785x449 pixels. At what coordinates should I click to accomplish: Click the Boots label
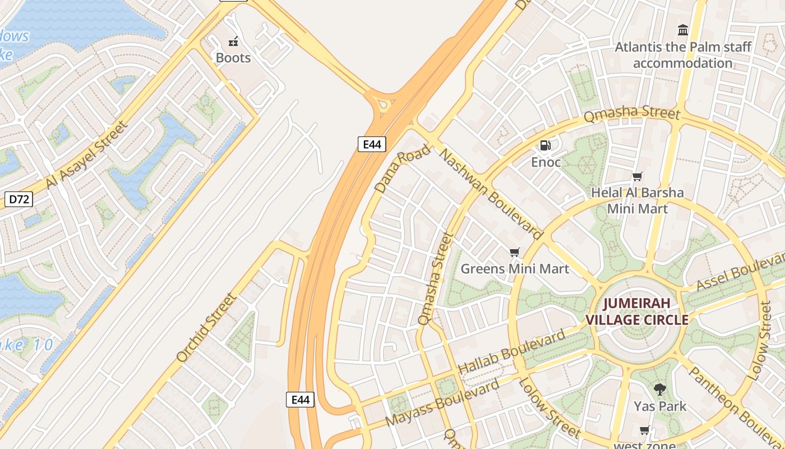[233, 58]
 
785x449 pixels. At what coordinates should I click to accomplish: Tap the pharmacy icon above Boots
[233, 41]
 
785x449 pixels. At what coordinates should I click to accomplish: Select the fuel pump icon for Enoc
[545, 146]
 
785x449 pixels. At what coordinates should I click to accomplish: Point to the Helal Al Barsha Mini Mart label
[638, 200]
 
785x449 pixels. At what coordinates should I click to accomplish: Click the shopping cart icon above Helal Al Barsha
[638, 177]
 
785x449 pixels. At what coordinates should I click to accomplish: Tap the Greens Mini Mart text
[515, 269]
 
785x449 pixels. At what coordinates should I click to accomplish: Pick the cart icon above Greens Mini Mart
[515, 253]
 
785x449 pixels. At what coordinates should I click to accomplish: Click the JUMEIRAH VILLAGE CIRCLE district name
[637, 311]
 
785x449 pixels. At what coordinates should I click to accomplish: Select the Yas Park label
[660, 406]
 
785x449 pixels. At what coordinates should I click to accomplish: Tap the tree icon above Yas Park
[660, 389]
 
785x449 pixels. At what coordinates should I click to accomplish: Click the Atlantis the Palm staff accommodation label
[683, 54]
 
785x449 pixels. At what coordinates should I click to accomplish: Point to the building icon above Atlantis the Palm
[683, 30]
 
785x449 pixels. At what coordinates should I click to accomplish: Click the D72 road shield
[19, 199]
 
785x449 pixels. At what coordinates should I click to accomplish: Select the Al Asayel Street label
[87, 155]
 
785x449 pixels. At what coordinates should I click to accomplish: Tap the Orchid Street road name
[206, 328]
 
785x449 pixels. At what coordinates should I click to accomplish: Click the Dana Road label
[403, 168]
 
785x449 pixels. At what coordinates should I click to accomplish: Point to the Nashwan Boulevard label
[491, 193]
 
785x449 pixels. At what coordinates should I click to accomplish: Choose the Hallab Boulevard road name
[512, 352]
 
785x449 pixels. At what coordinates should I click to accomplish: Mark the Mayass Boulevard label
[442, 403]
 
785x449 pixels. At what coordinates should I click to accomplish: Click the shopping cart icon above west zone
[645, 430]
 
